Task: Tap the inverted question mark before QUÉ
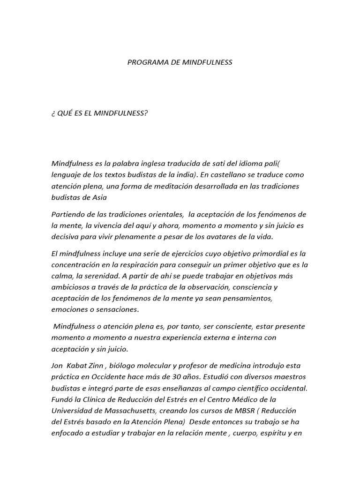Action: tap(53, 113)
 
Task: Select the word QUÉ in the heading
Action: tap(65, 113)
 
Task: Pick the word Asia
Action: tap(99, 197)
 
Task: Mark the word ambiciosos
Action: tap(70, 287)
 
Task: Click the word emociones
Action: tap(69, 309)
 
